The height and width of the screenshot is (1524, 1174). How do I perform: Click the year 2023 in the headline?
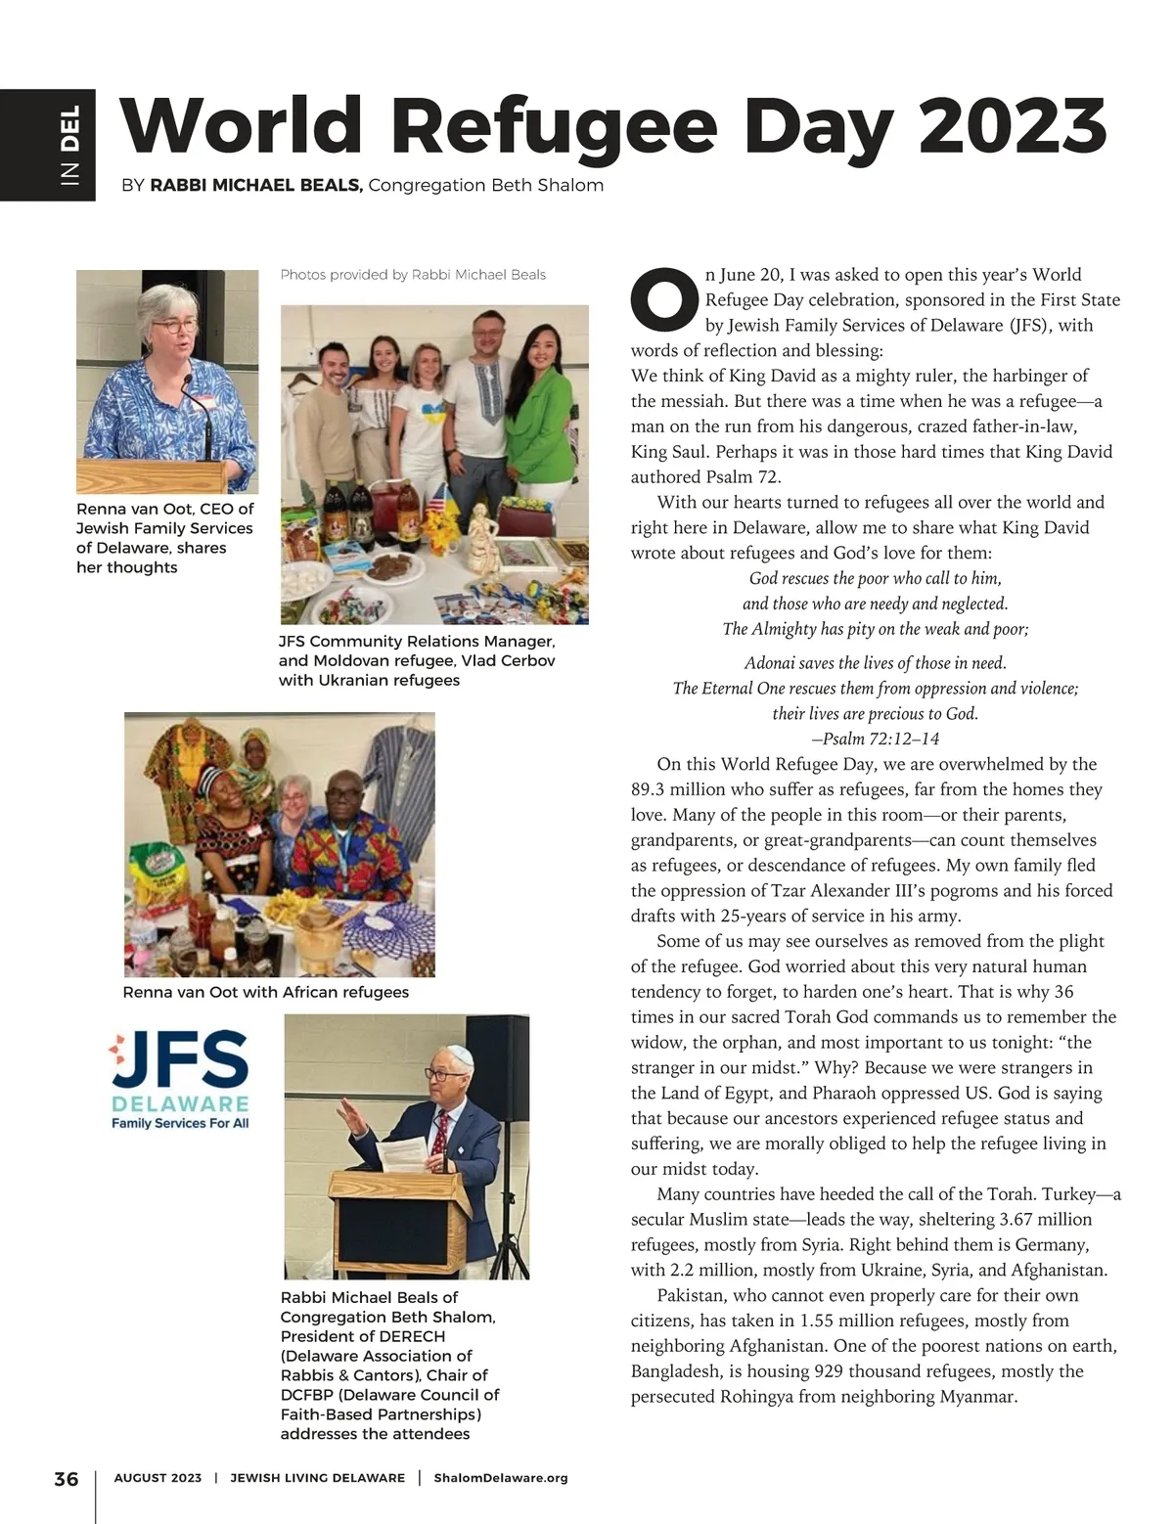[1012, 128]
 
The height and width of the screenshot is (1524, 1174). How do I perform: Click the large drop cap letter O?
[665, 297]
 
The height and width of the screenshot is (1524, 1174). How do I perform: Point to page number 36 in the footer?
[66, 1478]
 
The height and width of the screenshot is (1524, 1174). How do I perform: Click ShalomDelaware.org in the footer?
[500, 1478]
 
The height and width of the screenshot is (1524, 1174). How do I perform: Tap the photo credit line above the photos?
[413, 275]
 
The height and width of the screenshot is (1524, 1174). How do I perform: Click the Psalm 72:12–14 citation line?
[876, 739]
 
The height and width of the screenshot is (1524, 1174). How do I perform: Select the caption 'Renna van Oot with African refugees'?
[265, 992]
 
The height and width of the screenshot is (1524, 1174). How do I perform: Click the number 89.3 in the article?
[652, 789]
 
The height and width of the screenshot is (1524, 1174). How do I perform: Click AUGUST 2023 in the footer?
[158, 1478]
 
